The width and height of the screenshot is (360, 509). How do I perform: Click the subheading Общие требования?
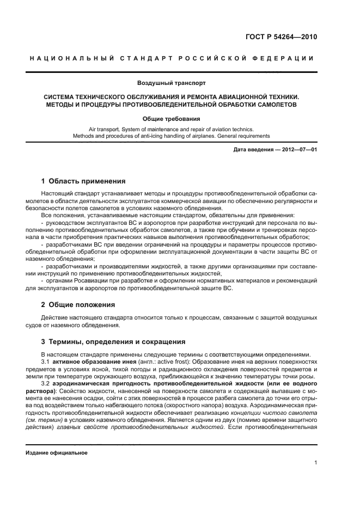coord(171,118)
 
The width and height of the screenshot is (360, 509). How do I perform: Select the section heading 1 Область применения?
coord(83,181)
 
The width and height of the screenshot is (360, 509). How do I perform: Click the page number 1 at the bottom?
coord(316,463)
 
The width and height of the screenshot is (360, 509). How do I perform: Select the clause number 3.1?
coord(47,361)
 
